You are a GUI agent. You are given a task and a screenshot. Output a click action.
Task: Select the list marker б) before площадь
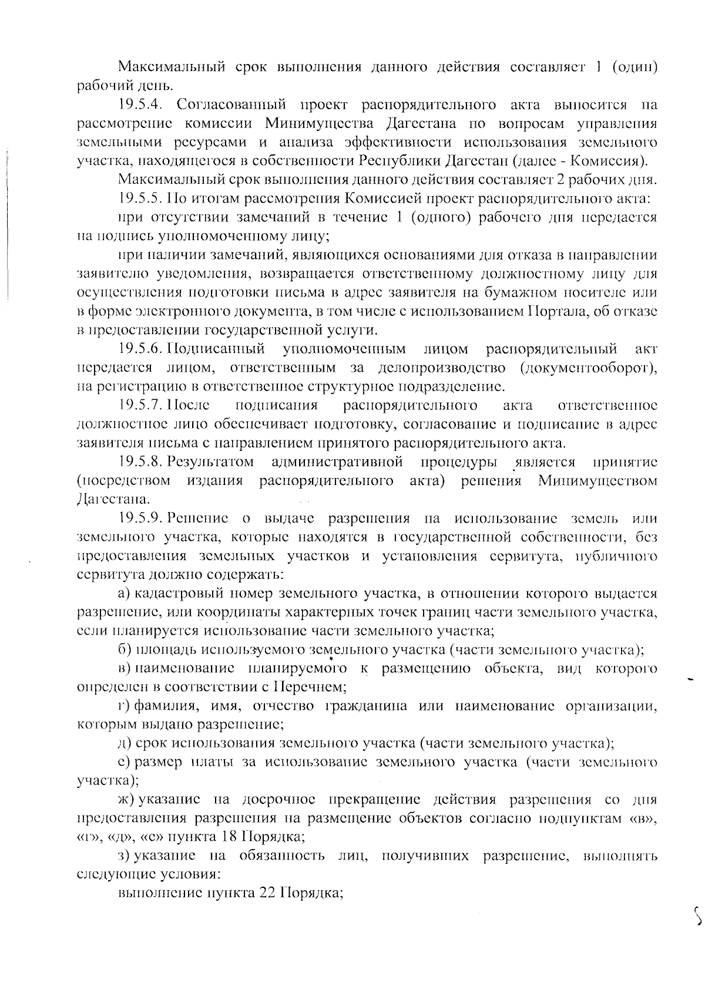click(123, 650)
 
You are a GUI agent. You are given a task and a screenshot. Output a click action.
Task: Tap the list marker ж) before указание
click(125, 800)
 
